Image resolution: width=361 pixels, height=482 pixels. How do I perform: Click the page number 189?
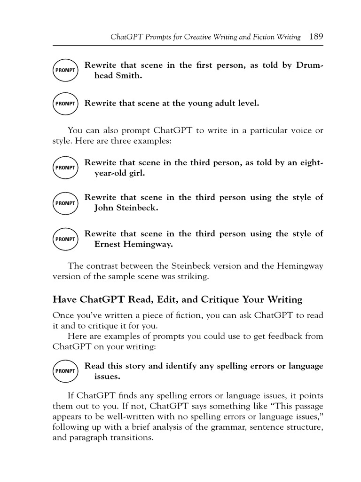click(316, 37)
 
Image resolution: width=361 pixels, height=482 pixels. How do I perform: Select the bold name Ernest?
click(110, 244)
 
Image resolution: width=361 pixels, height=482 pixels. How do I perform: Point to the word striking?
click(193, 277)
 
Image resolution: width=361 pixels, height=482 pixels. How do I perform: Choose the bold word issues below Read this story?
click(107, 377)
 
